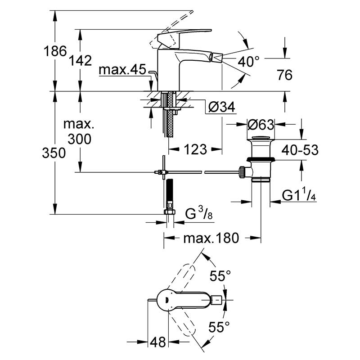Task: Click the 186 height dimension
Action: coord(55,51)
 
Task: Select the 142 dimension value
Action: coord(80,61)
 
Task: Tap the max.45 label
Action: coord(122,69)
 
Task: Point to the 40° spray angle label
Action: coord(249,62)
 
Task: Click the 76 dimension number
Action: coord(285,75)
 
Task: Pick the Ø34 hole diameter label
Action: coord(222,107)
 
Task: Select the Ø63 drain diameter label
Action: coord(261,125)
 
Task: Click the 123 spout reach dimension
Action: coord(195,149)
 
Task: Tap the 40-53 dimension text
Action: coord(300,150)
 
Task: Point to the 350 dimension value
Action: coord(54,153)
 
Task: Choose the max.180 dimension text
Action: coord(211,238)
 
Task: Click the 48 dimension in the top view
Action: coord(158,342)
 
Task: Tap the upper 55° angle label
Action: coord(220,275)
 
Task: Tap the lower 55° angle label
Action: coord(219,327)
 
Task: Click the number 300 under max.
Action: coord(80,139)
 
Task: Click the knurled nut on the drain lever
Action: coord(242,172)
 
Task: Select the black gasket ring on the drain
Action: coord(261,159)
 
